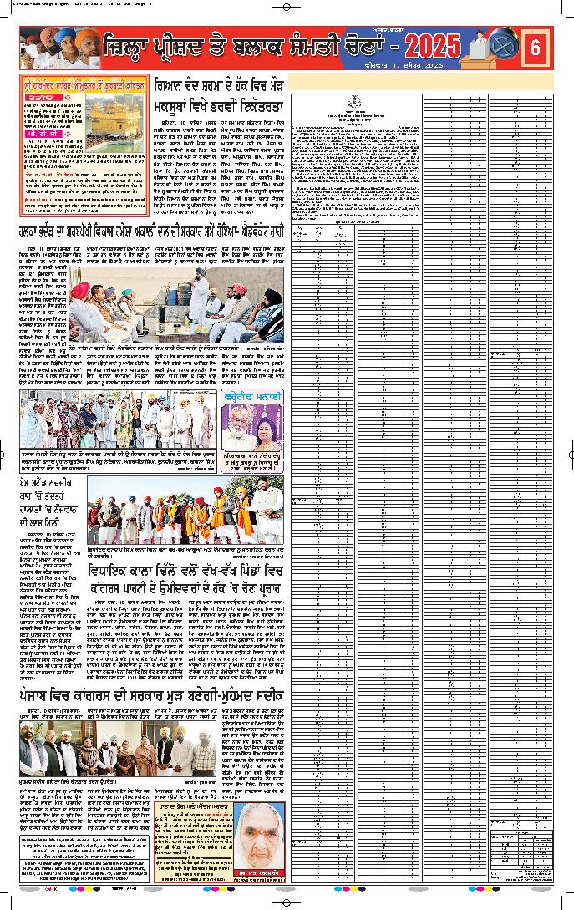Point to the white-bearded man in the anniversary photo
[x=239, y=431]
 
